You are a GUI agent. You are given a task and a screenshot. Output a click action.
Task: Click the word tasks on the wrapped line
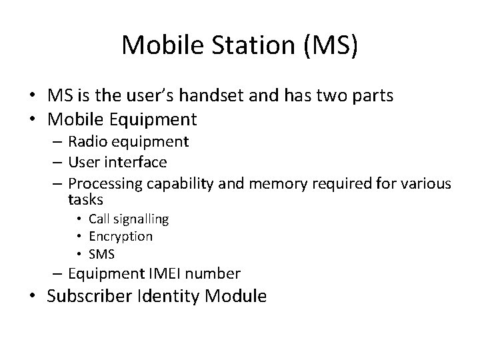point(85,199)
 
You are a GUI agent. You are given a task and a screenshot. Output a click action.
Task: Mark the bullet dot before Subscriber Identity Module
point(39,297)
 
